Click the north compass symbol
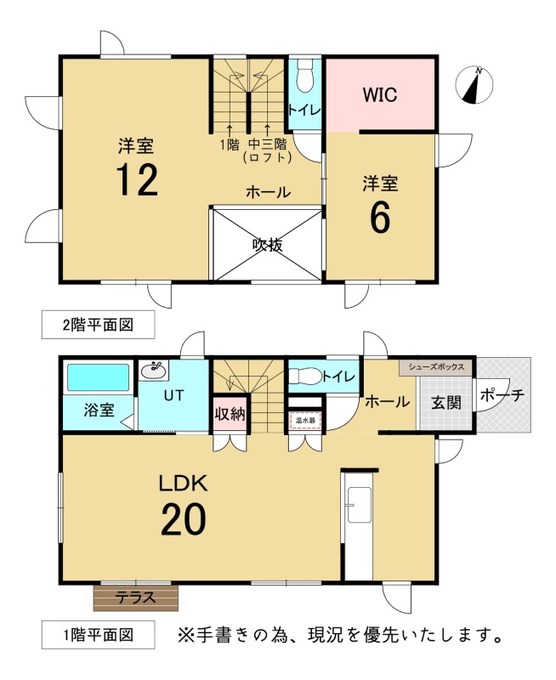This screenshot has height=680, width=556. click(474, 85)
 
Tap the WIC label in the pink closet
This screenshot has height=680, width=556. click(380, 94)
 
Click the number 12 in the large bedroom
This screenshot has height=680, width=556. click(137, 180)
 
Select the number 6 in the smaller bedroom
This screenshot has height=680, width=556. click(380, 218)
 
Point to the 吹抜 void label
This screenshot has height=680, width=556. click(268, 245)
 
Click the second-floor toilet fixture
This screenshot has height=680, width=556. click(305, 76)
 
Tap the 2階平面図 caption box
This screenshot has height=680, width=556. click(98, 325)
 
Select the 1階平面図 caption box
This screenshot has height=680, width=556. click(98, 635)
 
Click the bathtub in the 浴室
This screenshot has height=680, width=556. click(99, 377)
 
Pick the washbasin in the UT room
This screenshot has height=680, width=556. click(154, 371)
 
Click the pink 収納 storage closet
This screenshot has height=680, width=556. click(230, 414)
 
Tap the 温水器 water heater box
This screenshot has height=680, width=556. click(305, 420)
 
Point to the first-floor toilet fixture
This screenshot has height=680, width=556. click(305, 376)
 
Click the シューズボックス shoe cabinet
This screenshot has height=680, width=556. click(436, 367)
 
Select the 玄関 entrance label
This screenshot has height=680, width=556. click(445, 403)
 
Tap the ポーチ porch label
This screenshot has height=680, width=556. click(502, 395)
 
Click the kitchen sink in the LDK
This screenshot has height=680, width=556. click(359, 505)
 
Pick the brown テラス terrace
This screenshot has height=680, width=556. click(136, 598)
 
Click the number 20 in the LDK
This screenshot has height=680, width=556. click(184, 519)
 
